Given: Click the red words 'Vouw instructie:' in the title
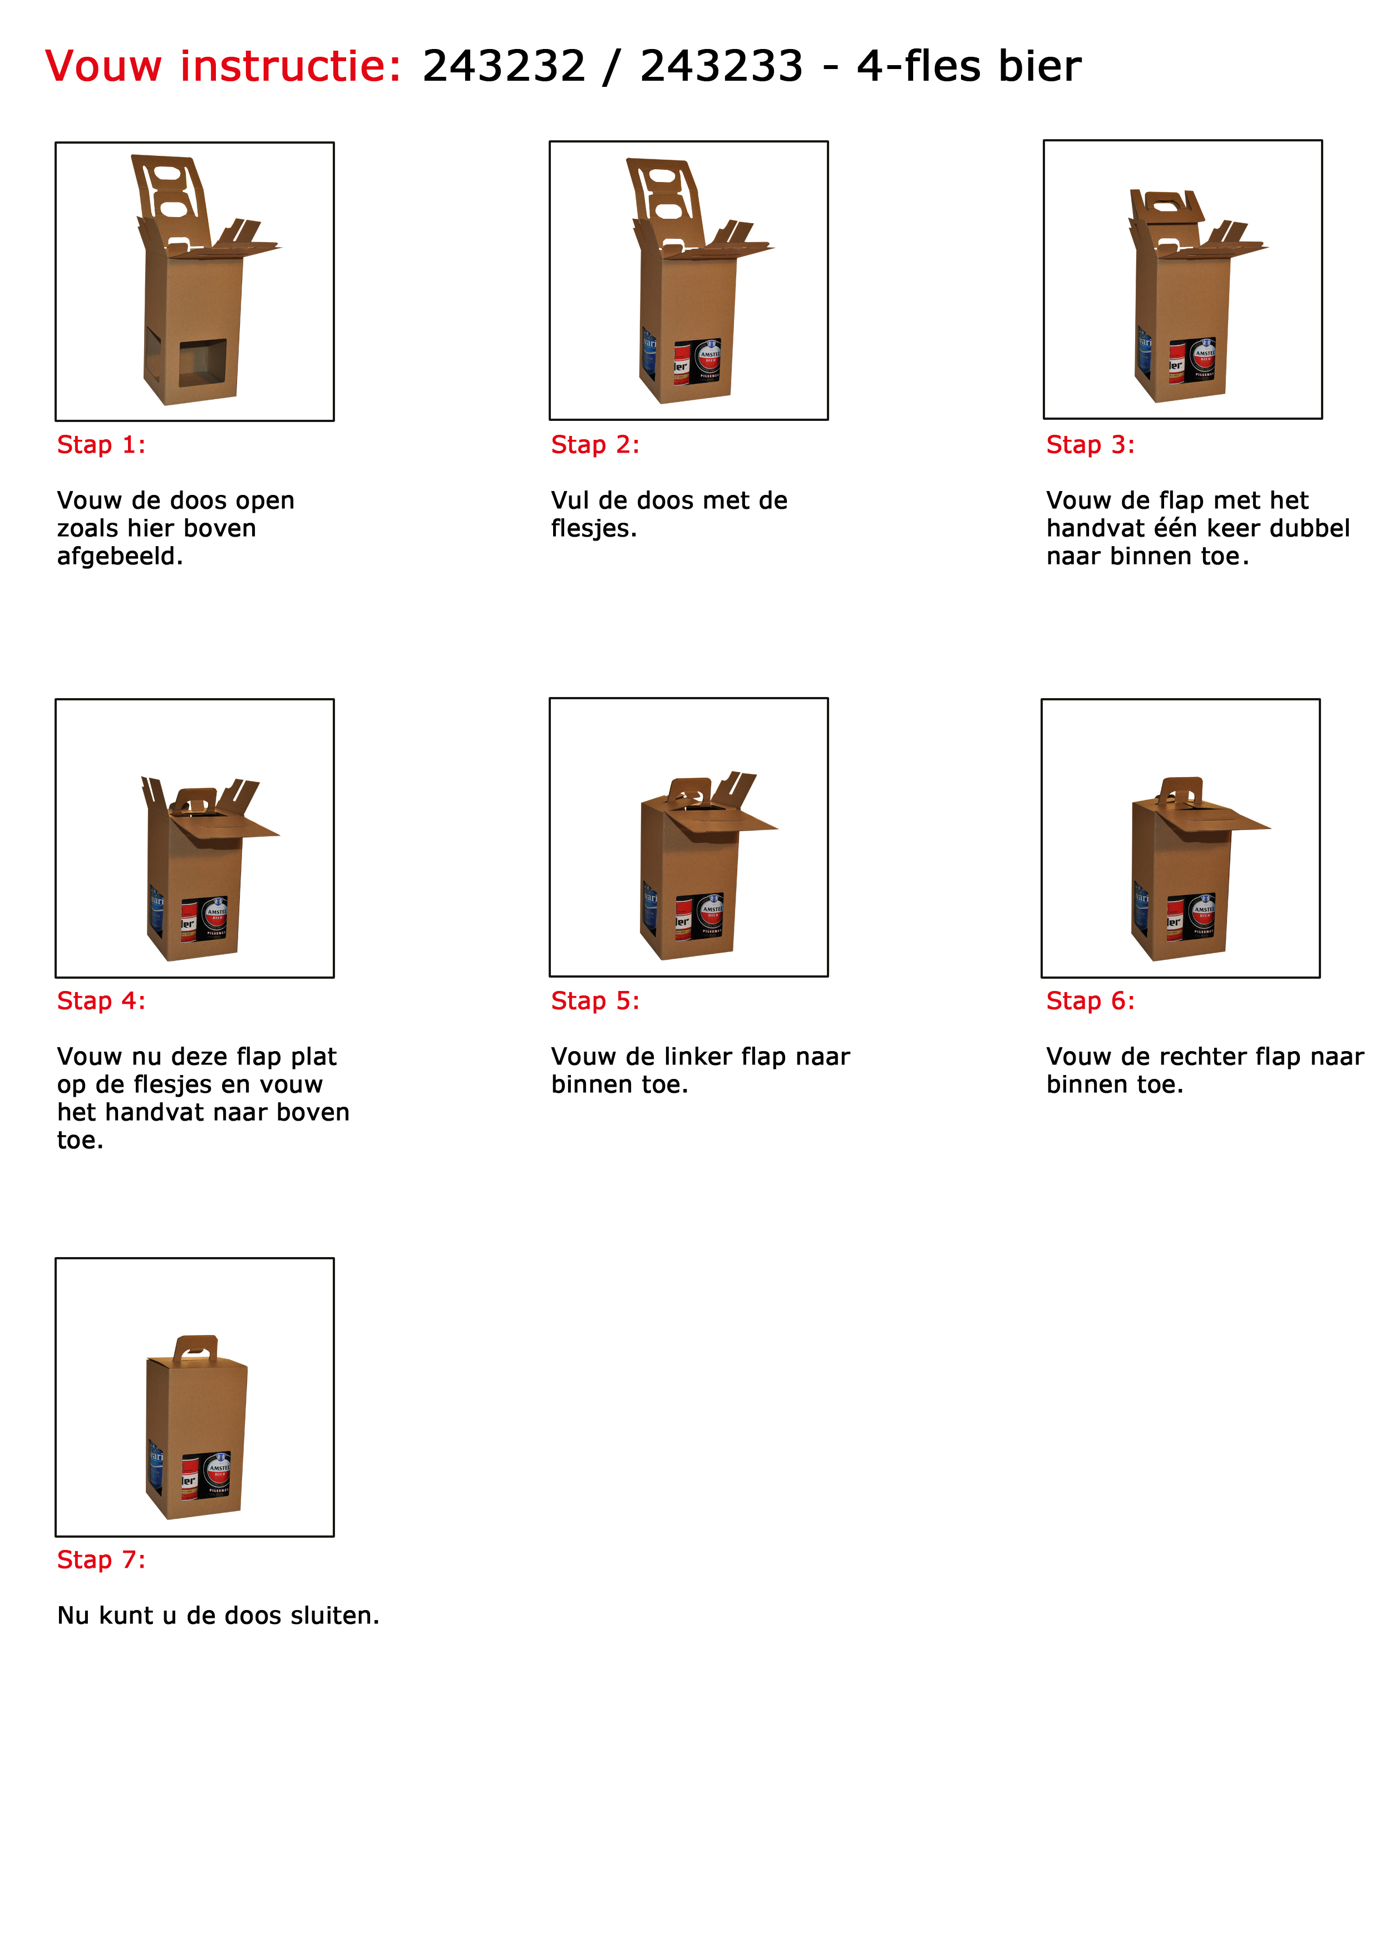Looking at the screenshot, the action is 223,66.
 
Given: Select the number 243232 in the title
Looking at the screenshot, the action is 504,66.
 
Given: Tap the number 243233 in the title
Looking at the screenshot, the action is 721,66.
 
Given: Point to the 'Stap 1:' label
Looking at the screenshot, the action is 101,445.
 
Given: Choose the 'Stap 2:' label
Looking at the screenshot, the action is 595,445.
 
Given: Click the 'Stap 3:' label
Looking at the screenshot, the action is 1090,445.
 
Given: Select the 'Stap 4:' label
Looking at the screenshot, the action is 101,1001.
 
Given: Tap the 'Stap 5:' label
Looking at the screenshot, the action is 595,1001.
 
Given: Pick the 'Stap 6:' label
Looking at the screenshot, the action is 1090,1001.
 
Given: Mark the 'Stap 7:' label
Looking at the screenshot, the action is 101,1560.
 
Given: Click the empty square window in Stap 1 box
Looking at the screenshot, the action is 203,363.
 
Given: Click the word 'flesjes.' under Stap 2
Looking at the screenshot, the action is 594,528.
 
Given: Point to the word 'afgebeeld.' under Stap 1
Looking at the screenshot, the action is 120,556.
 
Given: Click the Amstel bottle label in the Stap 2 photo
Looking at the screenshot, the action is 709,359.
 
